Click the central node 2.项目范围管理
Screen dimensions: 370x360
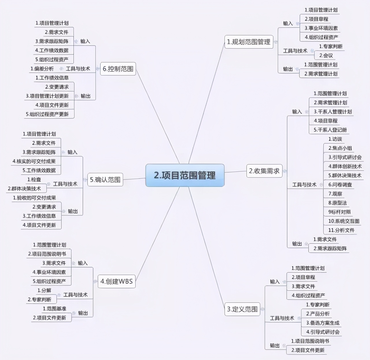pyautogui.click(x=185, y=175)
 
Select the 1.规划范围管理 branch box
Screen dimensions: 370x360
pyautogui.click(x=249, y=42)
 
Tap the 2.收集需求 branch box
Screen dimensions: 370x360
pyautogui.click(x=264, y=171)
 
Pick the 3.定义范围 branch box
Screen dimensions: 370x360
pyautogui.click(x=242, y=309)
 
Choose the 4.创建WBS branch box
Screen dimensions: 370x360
pyautogui.click(x=116, y=281)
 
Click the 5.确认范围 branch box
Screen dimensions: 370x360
pyautogui.click(x=105, y=180)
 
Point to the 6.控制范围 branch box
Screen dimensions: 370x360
pyautogui.click(x=118, y=69)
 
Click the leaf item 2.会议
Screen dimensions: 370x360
pyautogui.click(x=326, y=56)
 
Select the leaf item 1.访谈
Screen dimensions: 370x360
pyautogui.click(x=335, y=139)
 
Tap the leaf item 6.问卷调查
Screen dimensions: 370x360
pyautogui.click(x=340, y=185)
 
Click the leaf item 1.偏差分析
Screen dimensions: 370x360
pyautogui.click(x=42, y=69)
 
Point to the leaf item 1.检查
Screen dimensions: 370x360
pyautogui.click(x=34, y=180)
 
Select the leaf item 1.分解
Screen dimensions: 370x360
pyautogui.click(x=44, y=291)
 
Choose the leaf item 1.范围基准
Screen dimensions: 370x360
pyautogui.click(x=55, y=309)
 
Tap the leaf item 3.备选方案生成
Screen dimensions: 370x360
pyautogui.click(x=323, y=323)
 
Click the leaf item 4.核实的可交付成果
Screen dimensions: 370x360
pyautogui.click(x=34, y=161)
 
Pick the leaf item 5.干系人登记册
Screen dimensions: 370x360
pyautogui.click(x=330, y=130)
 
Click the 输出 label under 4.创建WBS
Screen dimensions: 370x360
pyautogui.click(x=83, y=313)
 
